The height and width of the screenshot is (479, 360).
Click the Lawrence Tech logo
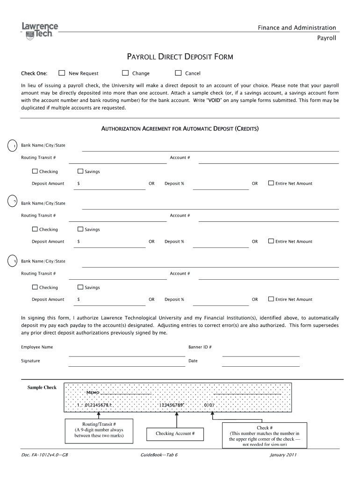[x=40, y=29]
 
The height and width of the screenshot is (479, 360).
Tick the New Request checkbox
[x=62, y=73]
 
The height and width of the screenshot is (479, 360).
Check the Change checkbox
[x=125, y=73]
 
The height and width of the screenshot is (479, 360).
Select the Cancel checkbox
[x=178, y=73]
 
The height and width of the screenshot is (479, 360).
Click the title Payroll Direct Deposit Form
[x=180, y=58]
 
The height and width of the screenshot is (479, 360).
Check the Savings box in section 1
[x=80, y=171]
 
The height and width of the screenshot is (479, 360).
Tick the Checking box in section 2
[x=35, y=229]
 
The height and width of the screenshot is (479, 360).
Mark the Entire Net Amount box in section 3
[x=271, y=299]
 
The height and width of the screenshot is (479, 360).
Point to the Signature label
[x=30, y=361]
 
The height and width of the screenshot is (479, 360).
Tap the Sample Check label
[x=42, y=387]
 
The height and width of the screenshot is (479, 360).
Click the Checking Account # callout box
[x=175, y=434]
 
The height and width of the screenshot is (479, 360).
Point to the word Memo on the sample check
[x=94, y=392]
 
